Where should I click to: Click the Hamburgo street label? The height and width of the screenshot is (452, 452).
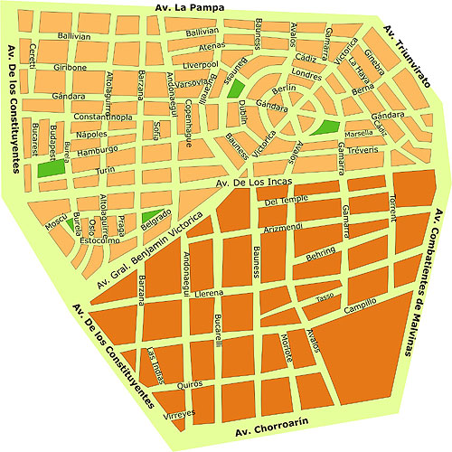(x=98, y=150)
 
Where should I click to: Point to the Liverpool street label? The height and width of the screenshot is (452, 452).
(x=200, y=65)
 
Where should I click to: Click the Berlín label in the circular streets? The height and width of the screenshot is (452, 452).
(x=283, y=89)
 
